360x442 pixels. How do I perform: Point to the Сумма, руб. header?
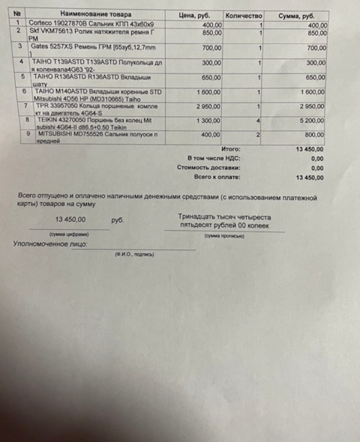point(297,14)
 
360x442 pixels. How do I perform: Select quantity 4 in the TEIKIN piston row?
point(259,120)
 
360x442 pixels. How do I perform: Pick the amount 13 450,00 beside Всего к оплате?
point(310,178)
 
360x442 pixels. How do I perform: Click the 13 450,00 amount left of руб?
point(71,220)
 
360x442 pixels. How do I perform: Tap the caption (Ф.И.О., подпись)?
point(134,255)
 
